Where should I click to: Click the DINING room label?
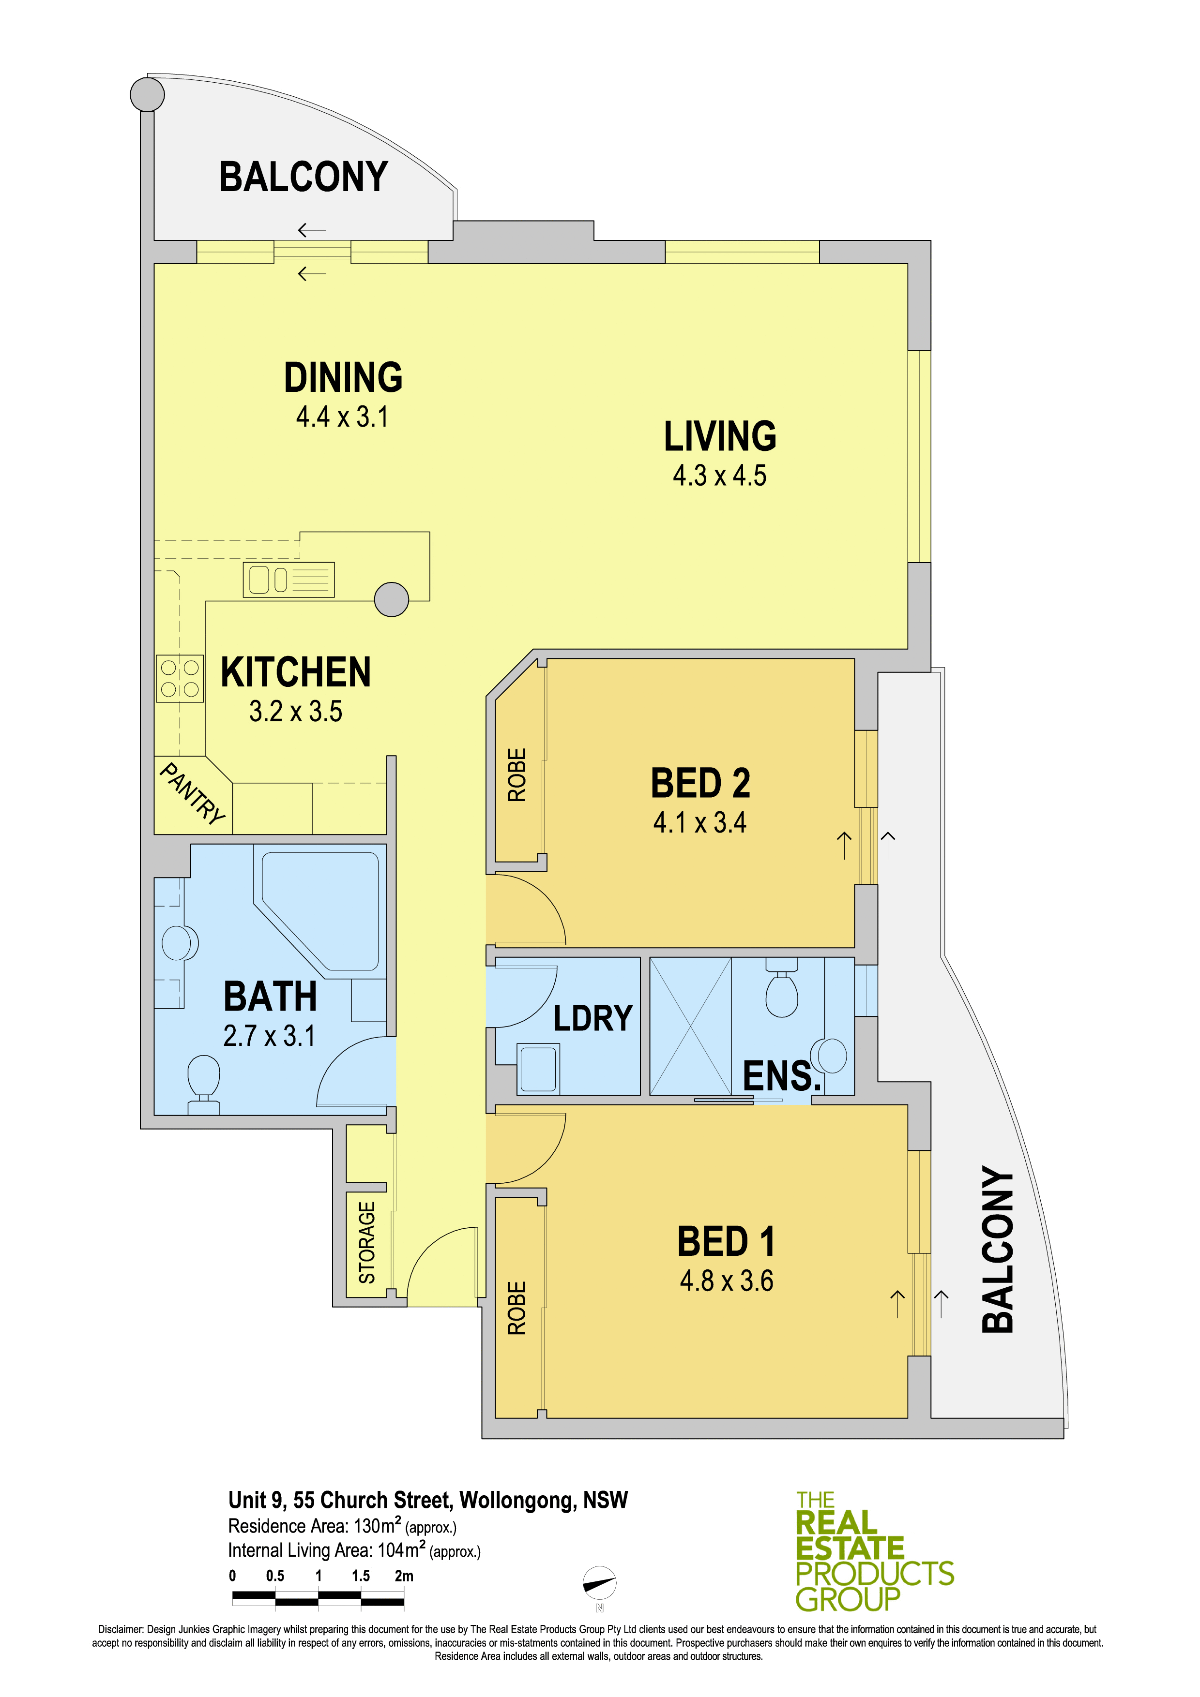point(343,378)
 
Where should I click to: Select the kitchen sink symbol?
point(289,580)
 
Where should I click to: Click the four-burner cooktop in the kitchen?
point(180,679)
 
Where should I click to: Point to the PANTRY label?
point(192,793)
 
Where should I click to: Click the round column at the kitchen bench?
point(391,599)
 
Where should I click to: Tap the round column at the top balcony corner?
point(147,94)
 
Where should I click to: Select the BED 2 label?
point(700,784)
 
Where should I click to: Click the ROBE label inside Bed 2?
point(517,774)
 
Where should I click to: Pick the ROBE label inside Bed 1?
point(517,1308)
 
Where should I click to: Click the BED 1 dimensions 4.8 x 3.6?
point(727,1281)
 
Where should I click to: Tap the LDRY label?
point(593,1018)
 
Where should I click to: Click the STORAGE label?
point(367,1242)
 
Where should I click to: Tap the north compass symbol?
point(600,1583)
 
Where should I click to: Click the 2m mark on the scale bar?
point(404,1575)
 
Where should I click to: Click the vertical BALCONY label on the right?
point(997,1249)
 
